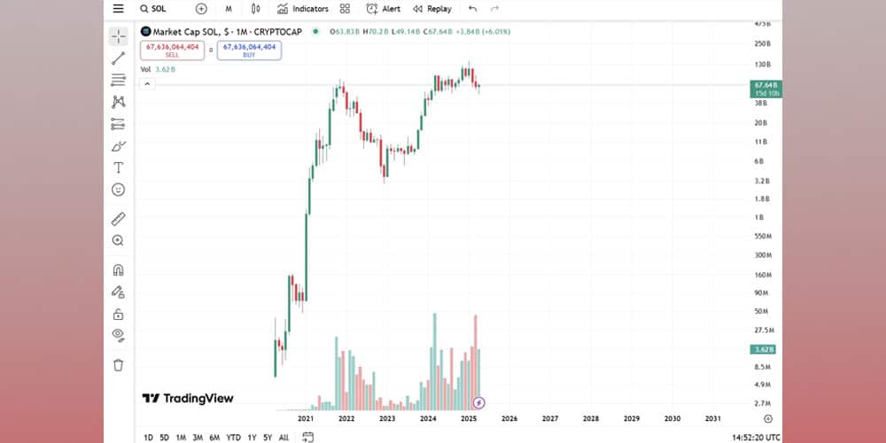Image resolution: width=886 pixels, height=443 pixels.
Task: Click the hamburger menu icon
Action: coord(118,9)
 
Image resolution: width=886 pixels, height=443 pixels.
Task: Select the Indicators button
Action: coord(302,9)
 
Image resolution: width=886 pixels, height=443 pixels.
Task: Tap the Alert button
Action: coord(384,9)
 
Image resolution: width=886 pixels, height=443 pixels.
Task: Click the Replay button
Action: coord(431,9)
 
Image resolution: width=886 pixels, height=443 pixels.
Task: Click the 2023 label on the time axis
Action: coord(387,418)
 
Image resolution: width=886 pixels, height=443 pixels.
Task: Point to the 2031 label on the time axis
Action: coord(712,418)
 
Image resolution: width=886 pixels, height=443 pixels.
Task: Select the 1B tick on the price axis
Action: coord(759,217)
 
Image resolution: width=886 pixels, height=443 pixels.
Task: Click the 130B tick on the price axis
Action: coord(762,65)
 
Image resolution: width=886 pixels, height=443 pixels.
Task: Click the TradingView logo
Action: coord(188,399)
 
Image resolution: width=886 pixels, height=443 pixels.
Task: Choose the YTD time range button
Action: coord(233,437)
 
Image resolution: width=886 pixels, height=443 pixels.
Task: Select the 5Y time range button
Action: coord(268,437)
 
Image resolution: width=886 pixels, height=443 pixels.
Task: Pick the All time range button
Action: coord(284,437)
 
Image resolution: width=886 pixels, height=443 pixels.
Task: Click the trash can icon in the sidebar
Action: coord(118,364)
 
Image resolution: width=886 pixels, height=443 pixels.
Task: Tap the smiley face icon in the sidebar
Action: coord(118,190)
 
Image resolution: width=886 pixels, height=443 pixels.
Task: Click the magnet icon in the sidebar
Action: coord(118,270)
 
